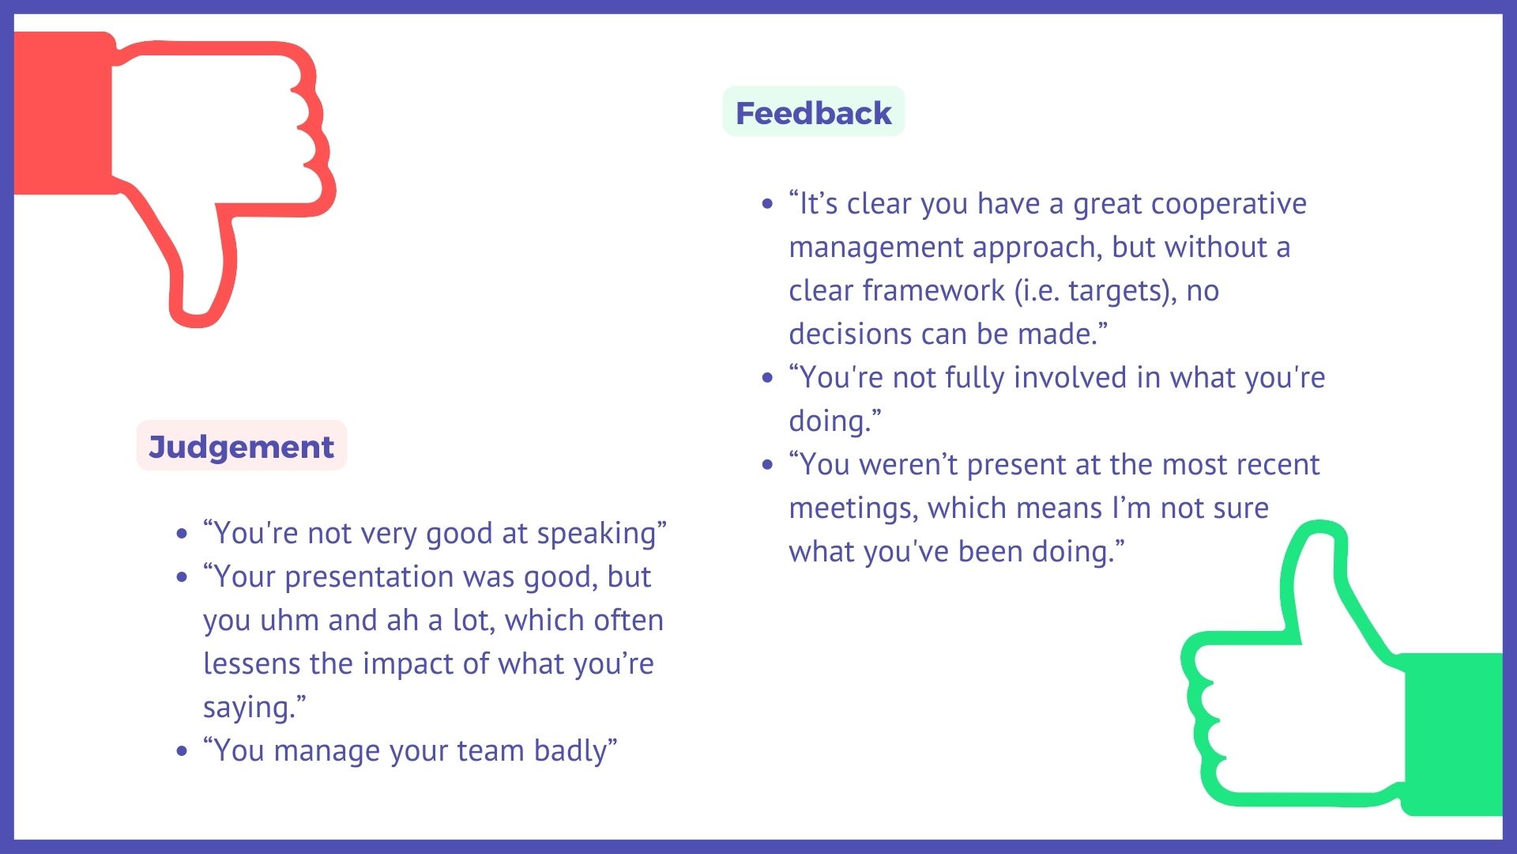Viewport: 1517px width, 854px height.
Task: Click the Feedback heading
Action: pyautogui.click(x=813, y=113)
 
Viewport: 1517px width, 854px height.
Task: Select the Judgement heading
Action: pyautogui.click(x=241, y=448)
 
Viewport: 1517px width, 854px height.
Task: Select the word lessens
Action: pyautogui.click(x=252, y=663)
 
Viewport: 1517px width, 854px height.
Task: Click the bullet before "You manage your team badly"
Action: pyautogui.click(x=183, y=750)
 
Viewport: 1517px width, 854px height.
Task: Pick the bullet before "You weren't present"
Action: pyautogui.click(x=768, y=464)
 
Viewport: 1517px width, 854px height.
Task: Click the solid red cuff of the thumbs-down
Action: pyautogui.click(x=63, y=113)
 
